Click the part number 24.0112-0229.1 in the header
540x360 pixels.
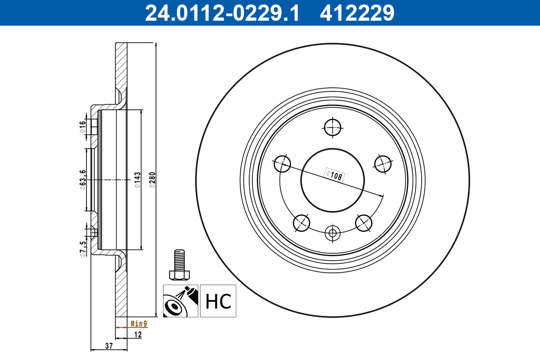click(221, 13)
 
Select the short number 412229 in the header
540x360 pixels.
click(357, 13)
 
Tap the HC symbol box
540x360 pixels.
click(218, 301)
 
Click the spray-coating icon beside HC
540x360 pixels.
click(180, 301)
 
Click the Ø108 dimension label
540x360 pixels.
click(335, 175)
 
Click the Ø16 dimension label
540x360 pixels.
click(82, 126)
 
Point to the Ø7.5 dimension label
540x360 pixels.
click(82, 248)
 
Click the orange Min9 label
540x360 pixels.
click(139, 324)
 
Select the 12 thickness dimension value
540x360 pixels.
click(138, 335)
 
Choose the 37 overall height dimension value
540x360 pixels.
click(108, 346)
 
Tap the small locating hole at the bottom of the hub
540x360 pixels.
click(333, 233)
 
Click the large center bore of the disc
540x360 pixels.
click(333, 180)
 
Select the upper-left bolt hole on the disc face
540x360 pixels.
click(282, 163)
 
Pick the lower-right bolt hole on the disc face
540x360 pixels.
click(364, 222)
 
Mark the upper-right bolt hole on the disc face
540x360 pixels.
click(383, 163)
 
